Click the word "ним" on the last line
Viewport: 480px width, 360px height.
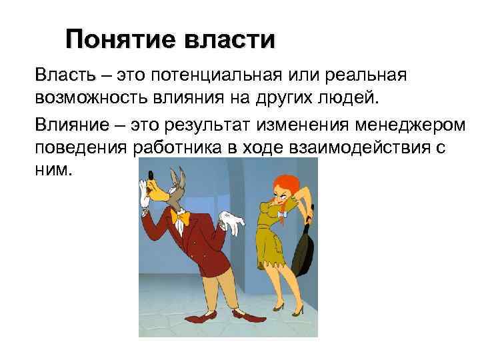point(52,171)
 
